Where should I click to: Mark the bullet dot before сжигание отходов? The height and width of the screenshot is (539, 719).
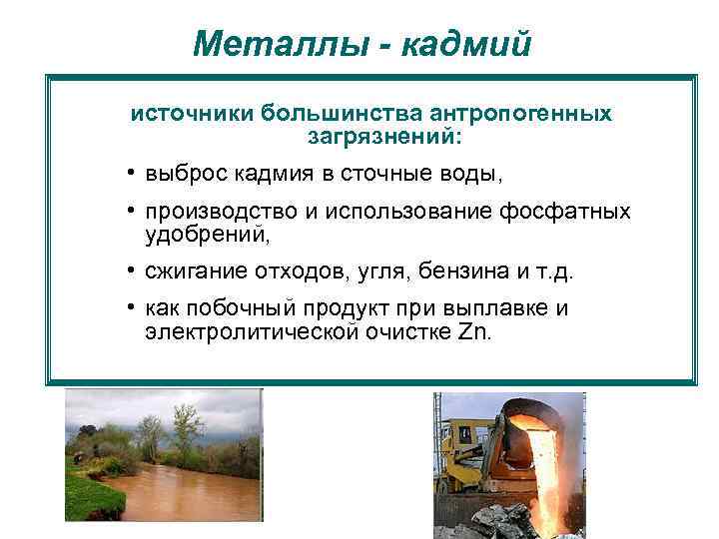tap(131, 270)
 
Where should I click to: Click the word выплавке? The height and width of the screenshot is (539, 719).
tap(499, 308)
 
